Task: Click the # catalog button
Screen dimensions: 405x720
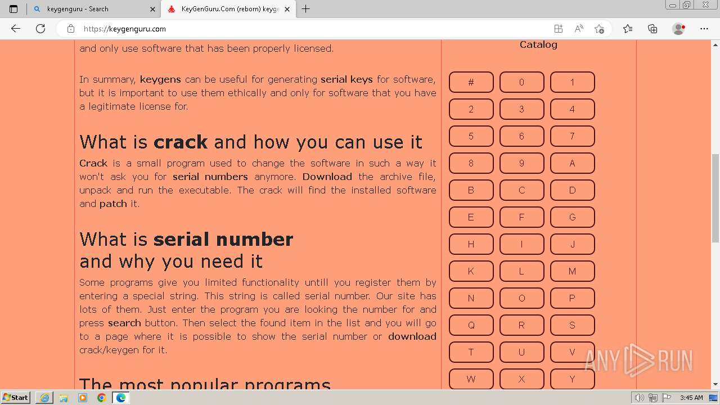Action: click(x=471, y=82)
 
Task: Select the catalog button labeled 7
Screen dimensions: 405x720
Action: click(x=572, y=136)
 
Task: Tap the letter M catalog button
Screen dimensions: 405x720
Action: click(x=572, y=271)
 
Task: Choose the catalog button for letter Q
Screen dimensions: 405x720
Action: click(x=471, y=325)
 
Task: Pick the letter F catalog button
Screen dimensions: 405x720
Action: click(x=521, y=217)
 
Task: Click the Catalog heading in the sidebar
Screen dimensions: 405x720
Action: click(x=538, y=44)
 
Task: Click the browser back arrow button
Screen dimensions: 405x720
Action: click(x=16, y=29)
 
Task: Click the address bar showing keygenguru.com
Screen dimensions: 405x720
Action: click(x=304, y=29)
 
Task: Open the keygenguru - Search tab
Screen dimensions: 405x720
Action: click(x=93, y=9)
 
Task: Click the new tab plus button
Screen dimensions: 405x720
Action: click(x=306, y=9)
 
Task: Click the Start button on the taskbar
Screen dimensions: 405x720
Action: click(x=15, y=398)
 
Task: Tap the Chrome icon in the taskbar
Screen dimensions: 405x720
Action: click(x=102, y=398)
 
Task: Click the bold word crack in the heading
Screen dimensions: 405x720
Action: click(x=181, y=142)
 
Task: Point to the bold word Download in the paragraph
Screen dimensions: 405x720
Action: click(x=327, y=177)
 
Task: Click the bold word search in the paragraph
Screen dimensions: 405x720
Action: click(x=124, y=323)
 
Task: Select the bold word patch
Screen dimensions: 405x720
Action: click(x=113, y=204)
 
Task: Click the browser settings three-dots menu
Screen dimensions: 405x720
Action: click(x=704, y=29)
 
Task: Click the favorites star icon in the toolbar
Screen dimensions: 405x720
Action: click(x=628, y=29)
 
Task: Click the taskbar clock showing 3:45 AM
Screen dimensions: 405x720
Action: click(x=691, y=398)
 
